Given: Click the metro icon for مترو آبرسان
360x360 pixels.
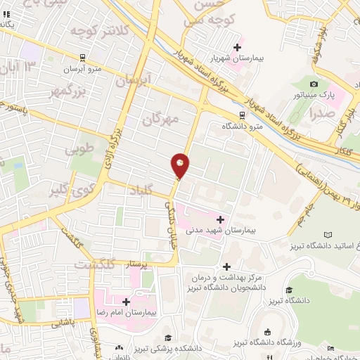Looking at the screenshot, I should coord(83,58).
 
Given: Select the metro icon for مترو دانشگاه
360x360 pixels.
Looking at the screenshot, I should coord(242,114).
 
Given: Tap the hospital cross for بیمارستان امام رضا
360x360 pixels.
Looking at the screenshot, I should coord(127,301).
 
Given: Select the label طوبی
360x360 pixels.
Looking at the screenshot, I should coord(79,150).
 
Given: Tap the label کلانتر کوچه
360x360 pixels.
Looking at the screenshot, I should coord(100,32).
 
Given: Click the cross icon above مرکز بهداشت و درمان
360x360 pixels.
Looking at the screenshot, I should coord(226,266).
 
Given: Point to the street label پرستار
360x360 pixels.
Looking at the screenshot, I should coord(137,264).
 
